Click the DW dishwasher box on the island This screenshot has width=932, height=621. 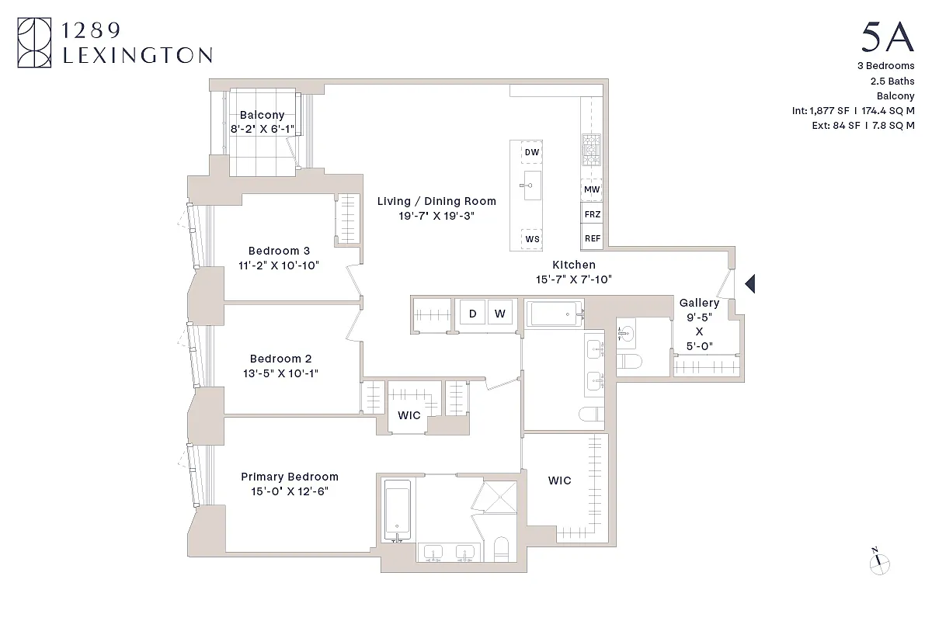[532, 153]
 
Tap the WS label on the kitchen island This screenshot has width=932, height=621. [532, 239]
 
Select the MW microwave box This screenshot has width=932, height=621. [592, 189]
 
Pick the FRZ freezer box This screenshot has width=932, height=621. [592, 214]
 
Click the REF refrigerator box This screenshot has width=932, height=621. [592, 238]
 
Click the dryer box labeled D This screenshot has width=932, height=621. [472, 314]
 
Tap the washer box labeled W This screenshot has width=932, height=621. [500, 314]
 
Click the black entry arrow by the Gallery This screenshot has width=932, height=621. [750, 285]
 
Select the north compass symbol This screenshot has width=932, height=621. [879, 564]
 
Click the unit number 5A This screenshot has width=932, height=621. [887, 37]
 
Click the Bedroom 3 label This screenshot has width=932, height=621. [279, 251]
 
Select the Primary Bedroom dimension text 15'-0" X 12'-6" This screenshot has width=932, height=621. [290, 491]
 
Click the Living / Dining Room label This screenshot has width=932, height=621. [436, 201]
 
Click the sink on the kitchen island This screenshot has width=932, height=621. [532, 186]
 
